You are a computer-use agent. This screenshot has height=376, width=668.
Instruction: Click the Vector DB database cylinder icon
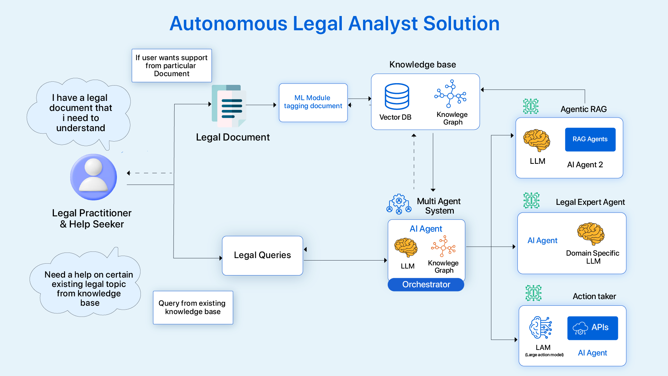(x=397, y=96)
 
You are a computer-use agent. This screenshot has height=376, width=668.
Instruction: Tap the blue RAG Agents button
(x=590, y=139)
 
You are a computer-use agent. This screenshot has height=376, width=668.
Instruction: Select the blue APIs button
(x=593, y=328)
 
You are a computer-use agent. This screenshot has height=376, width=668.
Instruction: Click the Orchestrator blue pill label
(x=426, y=285)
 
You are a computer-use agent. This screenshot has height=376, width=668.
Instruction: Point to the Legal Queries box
(x=263, y=256)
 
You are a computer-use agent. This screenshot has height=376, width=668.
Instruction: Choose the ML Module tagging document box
(x=313, y=102)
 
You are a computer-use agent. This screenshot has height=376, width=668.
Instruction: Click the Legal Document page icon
(x=229, y=106)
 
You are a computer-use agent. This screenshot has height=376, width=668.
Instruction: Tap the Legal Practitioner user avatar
(x=94, y=177)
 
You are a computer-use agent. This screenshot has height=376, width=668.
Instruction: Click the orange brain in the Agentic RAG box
(x=537, y=140)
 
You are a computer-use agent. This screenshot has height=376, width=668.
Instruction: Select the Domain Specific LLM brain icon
(x=591, y=234)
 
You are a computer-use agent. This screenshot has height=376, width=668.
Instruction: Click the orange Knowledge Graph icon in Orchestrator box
(x=443, y=246)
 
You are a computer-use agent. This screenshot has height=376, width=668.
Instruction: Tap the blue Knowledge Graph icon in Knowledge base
(x=450, y=94)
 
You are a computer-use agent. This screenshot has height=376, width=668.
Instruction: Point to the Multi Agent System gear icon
(x=399, y=204)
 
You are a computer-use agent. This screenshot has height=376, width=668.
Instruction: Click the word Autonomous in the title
(x=228, y=24)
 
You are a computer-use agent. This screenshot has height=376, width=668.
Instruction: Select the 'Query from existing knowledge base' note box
(x=193, y=307)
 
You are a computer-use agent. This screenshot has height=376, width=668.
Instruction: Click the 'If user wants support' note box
(x=172, y=65)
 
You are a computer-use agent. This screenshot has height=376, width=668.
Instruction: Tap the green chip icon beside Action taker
(x=533, y=293)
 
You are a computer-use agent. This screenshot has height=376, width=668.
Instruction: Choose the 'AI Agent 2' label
(x=585, y=165)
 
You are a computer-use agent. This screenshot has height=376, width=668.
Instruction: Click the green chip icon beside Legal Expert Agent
(x=531, y=200)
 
